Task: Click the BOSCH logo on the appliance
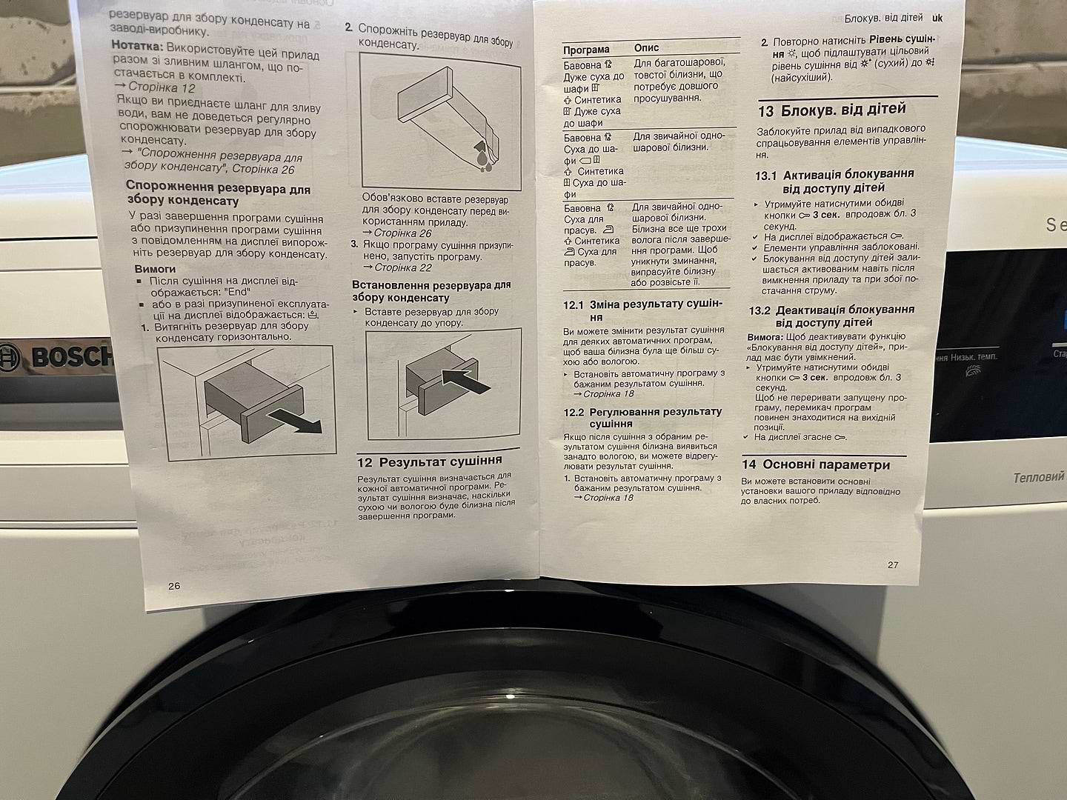(x=55, y=357)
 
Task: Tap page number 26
(x=174, y=586)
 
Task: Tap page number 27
(x=893, y=565)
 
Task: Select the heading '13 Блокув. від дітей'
(x=831, y=110)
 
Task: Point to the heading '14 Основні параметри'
(x=816, y=465)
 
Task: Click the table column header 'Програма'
(x=586, y=50)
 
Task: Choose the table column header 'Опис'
(x=647, y=47)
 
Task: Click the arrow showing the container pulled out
(x=296, y=420)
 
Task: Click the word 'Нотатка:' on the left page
(x=138, y=46)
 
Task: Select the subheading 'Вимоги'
(x=155, y=269)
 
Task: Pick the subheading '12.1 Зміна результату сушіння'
(x=642, y=310)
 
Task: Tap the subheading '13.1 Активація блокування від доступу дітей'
(x=834, y=181)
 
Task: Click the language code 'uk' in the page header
(x=937, y=18)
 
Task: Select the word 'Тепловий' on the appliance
(x=1040, y=478)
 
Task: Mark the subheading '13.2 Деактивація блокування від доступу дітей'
(x=831, y=316)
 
